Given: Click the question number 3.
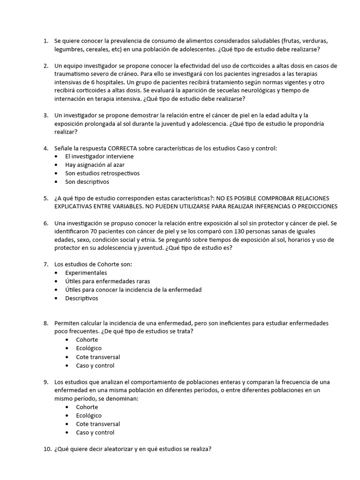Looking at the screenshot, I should [46, 115].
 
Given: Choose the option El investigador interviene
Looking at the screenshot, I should [99, 157].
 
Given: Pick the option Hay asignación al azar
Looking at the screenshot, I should [95, 165].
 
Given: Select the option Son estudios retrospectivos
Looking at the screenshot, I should [102, 173].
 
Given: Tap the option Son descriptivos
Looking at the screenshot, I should [87, 182].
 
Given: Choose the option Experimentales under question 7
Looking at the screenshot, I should [86, 273].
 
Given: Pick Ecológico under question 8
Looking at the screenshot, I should [89, 348].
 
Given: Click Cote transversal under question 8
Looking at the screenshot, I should [98, 357].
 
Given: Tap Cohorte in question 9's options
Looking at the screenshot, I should [87, 407].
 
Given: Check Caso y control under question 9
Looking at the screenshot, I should [95, 432].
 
